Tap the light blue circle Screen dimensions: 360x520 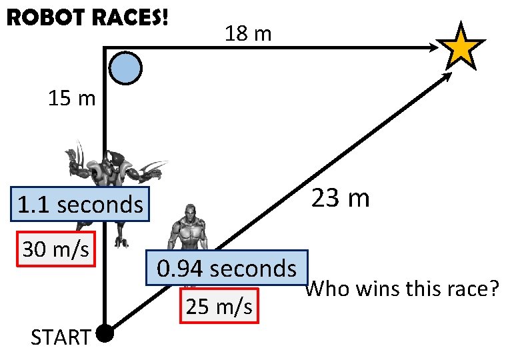(125, 68)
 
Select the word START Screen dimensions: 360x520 (60, 338)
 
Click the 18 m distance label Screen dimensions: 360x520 (248, 33)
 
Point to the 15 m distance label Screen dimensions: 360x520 (72, 99)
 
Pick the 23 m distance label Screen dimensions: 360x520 (340, 198)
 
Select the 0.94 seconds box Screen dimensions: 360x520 (227, 269)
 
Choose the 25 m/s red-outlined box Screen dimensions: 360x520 (219, 307)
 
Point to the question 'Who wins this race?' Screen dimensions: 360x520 (404, 290)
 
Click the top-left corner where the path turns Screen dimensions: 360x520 (105, 47)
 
